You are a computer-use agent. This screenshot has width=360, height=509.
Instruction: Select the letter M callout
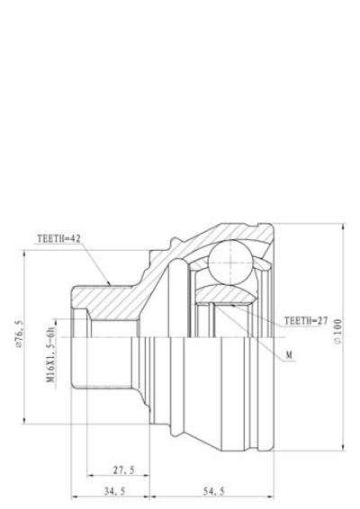pyautogui.click(x=289, y=356)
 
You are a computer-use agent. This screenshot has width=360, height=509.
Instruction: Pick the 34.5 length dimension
pyautogui.click(x=113, y=491)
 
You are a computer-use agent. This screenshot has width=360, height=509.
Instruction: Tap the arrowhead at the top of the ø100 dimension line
pyautogui.click(x=342, y=228)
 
